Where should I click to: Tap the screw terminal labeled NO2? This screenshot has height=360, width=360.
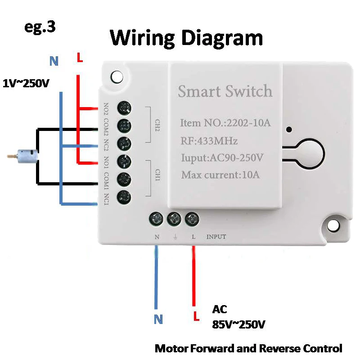124,108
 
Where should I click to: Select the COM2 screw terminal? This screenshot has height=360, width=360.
124,125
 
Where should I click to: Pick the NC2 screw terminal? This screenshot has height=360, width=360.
124,143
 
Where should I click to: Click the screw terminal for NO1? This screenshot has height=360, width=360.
124,161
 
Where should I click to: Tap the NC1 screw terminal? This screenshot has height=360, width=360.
124,196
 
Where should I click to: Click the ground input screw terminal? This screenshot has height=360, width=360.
174,219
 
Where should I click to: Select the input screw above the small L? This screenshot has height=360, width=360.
192,219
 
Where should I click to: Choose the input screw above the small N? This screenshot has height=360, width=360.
156,219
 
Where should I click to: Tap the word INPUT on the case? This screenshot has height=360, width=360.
216,237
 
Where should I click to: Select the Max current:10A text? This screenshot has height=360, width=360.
220,175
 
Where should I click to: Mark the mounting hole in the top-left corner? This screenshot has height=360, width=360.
117,76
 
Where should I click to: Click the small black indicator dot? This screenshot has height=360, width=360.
289,130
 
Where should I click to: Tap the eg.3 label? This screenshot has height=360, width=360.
40,27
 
